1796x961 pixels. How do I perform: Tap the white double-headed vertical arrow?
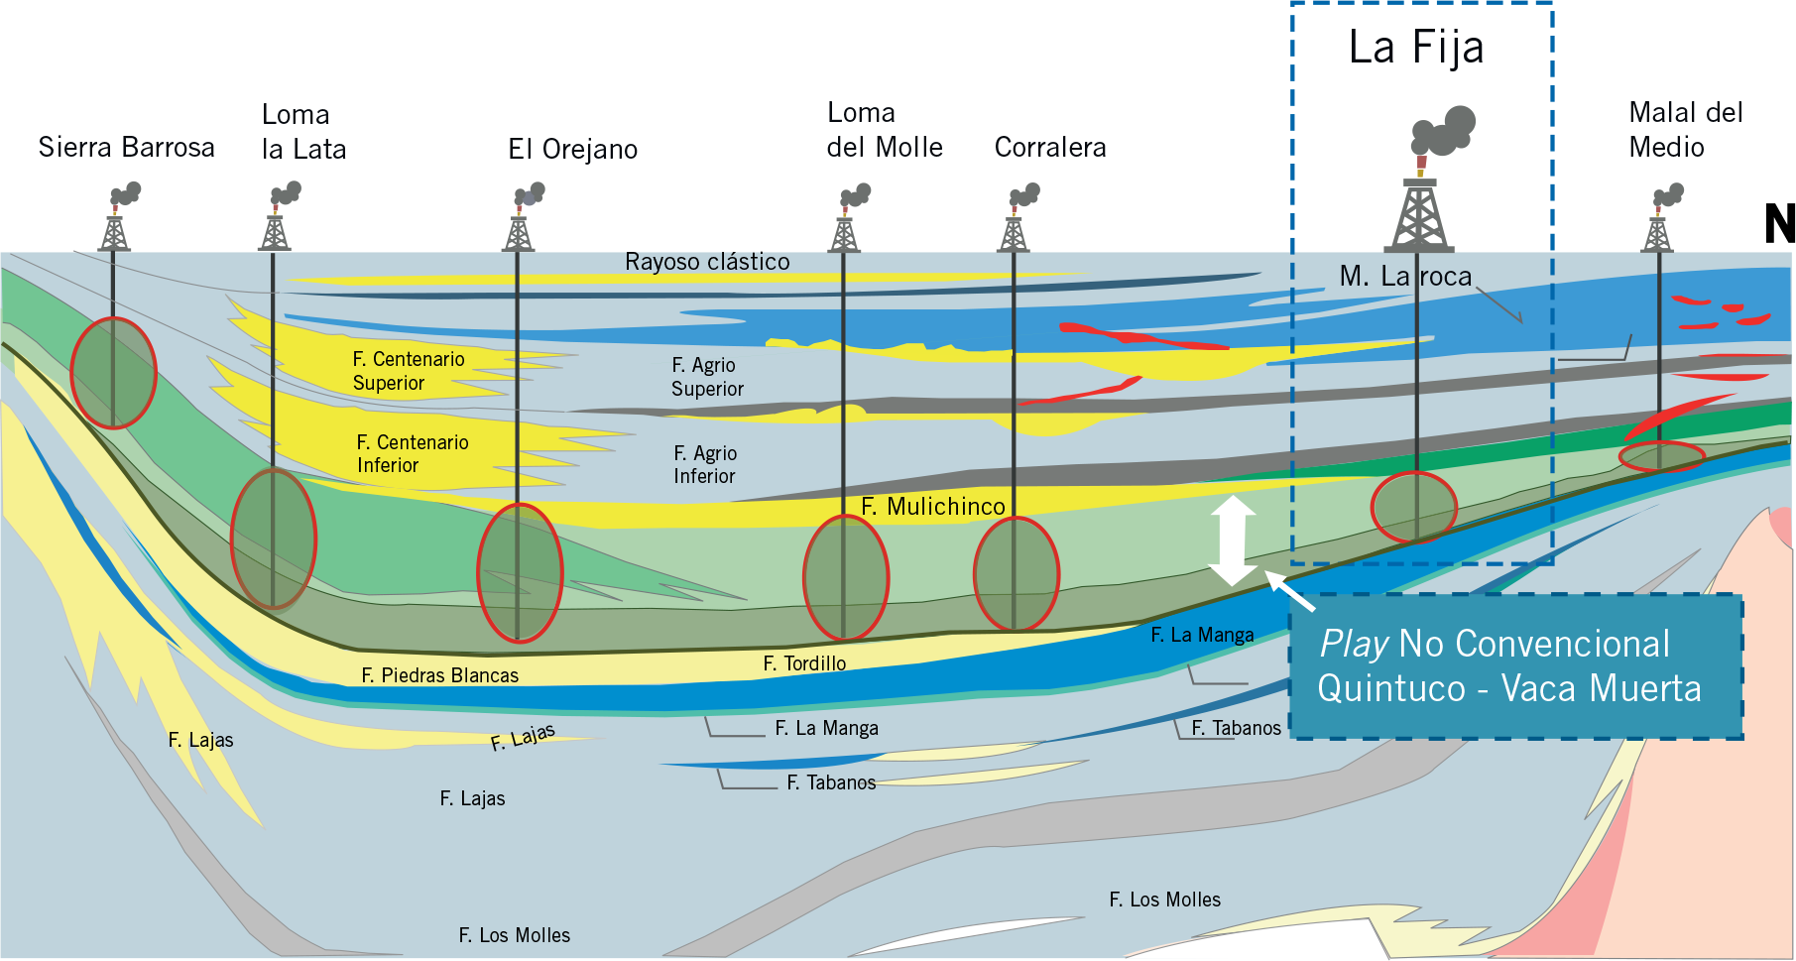click(x=1232, y=541)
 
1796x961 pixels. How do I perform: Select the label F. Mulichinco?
click(x=932, y=507)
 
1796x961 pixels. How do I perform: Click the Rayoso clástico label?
click(x=707, y=262)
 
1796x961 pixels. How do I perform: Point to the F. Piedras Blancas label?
click(x=439, y=675)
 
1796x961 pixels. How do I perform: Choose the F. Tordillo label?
click(x=804, y=663)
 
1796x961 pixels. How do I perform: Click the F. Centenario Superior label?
click(x=408, y=371)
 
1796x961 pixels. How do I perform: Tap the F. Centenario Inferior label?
click(x=412, y=453)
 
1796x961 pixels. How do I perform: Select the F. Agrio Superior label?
click(x=706, y=377)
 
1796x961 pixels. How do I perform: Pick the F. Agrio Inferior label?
click(x=705, y=464)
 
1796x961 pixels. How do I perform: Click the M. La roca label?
click(x=1405, y=277)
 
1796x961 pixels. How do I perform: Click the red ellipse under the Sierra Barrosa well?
click(x=114, y=373)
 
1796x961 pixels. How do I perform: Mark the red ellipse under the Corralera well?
click(x=1016, y=574)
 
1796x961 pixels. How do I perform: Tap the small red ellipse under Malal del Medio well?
click(x=1661, y=456)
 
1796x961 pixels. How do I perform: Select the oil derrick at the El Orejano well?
click(x=518, y=231)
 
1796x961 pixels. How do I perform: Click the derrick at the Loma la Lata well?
click(x=275, y=231)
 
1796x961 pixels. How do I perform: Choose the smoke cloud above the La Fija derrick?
click(x=1445, y=130)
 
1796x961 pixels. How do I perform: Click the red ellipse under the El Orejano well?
click(x=520, y=573)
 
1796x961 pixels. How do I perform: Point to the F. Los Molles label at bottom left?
click(x=514, y=935)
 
